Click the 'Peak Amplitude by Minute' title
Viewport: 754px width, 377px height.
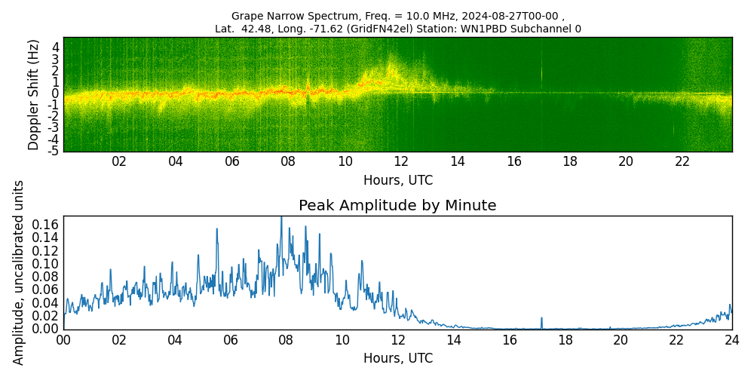coord(397,206)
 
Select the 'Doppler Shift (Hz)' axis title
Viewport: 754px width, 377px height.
coord(34,94)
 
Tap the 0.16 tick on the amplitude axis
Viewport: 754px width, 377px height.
coord(44,225)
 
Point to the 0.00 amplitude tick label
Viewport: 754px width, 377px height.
coord(44,329)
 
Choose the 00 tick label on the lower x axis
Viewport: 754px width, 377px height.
coord(63,340)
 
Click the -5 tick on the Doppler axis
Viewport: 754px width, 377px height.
coord(54,151)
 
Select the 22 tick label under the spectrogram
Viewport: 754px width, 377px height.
coord(682,161)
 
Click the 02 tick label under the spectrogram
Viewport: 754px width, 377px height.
coord(119,161)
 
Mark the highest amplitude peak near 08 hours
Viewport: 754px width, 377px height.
coord(281,218)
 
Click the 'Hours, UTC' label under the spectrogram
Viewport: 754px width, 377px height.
coord(397,180)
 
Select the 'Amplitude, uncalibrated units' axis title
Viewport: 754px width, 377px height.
coord(19,272)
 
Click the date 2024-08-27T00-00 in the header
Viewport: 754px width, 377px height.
coord(513,16)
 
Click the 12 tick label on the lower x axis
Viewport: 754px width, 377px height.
coord(398,340)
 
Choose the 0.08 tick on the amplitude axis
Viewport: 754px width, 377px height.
coord(44,277)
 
